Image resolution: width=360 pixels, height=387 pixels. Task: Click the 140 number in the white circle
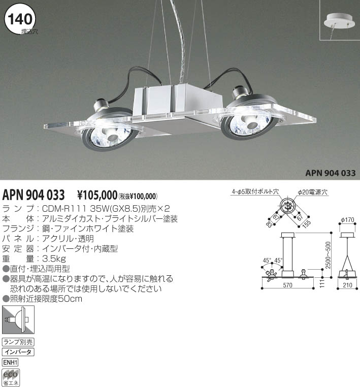pos(20,19)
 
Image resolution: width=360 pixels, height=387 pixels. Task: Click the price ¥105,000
pos(97,195)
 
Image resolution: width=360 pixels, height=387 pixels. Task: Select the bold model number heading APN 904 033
pos(34,195)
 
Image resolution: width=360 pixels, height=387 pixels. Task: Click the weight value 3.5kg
pos(54,259)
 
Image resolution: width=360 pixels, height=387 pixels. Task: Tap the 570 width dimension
pos(287,285)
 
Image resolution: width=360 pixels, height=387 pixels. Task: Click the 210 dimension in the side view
pos(347,285)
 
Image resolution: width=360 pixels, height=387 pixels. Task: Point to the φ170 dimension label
pos(347,219)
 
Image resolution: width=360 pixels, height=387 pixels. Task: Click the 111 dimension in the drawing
pos(322,283)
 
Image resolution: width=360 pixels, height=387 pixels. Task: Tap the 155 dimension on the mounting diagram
pos(306,224)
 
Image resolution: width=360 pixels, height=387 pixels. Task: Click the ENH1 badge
pos(10,363)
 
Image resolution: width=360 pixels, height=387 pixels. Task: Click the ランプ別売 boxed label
pos(18,342)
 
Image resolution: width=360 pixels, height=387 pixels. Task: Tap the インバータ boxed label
pos(18,352)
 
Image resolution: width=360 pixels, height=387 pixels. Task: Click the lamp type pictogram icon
pos(18,319)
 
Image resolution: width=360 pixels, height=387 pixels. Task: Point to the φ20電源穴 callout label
pos(313,192)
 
